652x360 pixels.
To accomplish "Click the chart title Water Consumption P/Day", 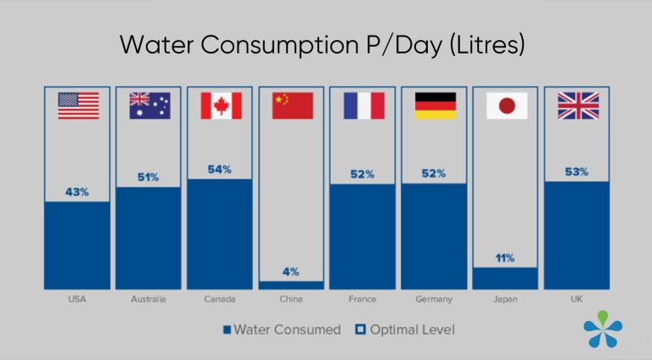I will (x=322, y=44).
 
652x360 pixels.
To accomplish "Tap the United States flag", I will (x=78, y=105).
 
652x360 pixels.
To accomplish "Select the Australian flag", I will (x=149, y=105).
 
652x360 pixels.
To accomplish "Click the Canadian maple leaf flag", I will (x=221, y=105).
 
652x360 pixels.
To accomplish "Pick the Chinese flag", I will (x=292, y=105).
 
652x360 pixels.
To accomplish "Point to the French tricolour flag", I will (x=363, y=105).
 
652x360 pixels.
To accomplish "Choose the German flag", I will (x=435, y=105).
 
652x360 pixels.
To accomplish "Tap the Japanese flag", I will (x=506, y=105).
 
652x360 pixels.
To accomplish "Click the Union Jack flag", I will (x=577, y=105).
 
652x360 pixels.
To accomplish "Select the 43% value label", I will (x=78, y=192).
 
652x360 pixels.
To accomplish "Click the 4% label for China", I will (x=291, y=272).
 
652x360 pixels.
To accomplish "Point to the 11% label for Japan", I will (x=505, y=257).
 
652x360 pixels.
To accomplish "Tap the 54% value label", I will (x=220, y=169).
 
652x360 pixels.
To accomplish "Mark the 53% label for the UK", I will (x=576, y=172).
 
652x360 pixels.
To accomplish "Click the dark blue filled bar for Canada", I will (x=220, y=234).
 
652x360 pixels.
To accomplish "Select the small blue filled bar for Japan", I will (x=505, y=278).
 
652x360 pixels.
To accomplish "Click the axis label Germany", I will (x=434, y=300).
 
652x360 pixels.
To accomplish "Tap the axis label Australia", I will (x=149, y=300).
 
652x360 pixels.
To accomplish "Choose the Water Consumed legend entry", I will (x=281, y=329).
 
